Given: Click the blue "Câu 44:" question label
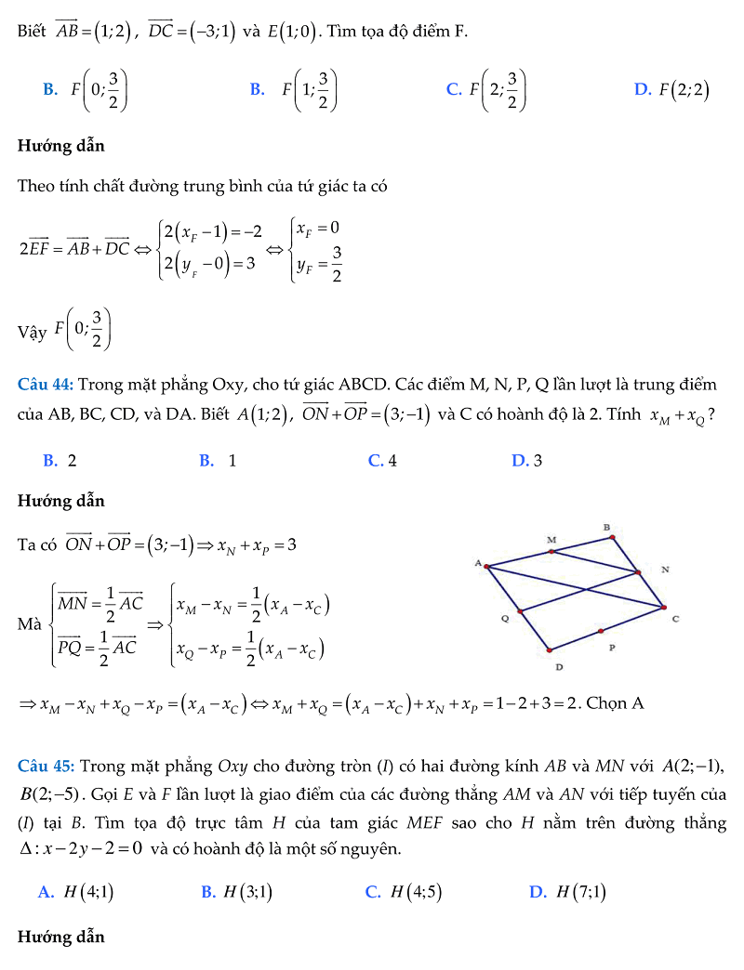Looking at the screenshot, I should click(x=46, y=385).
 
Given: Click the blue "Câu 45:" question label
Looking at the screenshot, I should click(x=46, y=767).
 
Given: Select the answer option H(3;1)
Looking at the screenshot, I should click(x=236, y=892).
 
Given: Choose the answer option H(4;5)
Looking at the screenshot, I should click(x=404, y=892).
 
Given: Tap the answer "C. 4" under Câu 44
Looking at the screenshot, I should click(x=382, y=460).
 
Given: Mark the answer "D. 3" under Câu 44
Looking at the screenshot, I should click(x=526, y=460).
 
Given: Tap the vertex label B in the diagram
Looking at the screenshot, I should click(x=606, y=527).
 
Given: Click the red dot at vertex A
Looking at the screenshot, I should click(x=486, y=566).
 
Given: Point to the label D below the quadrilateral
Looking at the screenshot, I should click(x=559, y=666).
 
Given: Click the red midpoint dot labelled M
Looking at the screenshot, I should click(x=552, y=551).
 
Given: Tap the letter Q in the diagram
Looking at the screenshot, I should click(x=504, y=615).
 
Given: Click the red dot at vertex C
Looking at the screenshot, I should click(x=664, y=608).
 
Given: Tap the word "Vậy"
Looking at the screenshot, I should click(x=32, y=332).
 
